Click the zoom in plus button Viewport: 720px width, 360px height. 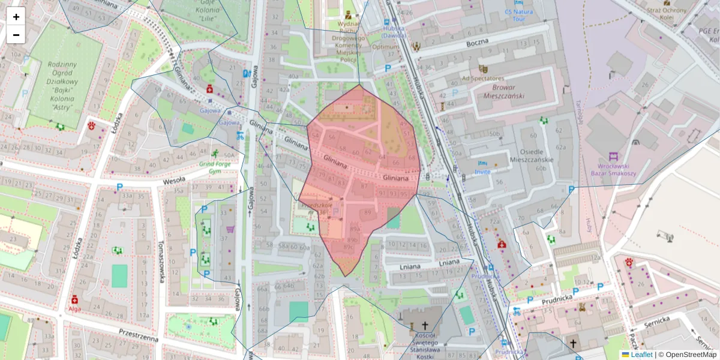pos(16,16)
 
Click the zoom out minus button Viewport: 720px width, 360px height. pos(16,35)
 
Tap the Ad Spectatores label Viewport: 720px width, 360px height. pos(482,78)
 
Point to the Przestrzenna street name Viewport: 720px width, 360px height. pos(139,335)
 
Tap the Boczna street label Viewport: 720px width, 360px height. pos(477,43)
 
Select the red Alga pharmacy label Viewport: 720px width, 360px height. pos(74,309)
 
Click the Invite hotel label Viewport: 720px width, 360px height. pos(482,172)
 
